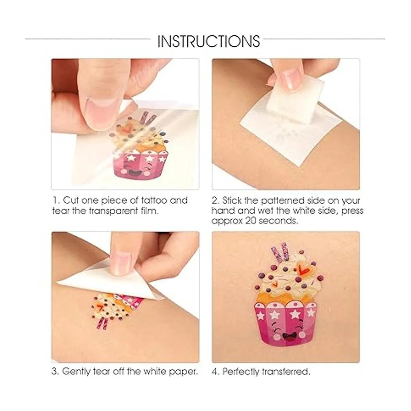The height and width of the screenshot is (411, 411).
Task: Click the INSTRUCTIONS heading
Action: (x=209, y=41)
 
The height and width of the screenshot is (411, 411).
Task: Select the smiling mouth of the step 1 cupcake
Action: (x=134, y=173)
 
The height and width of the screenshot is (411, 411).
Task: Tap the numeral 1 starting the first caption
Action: (x=55, y=200)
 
